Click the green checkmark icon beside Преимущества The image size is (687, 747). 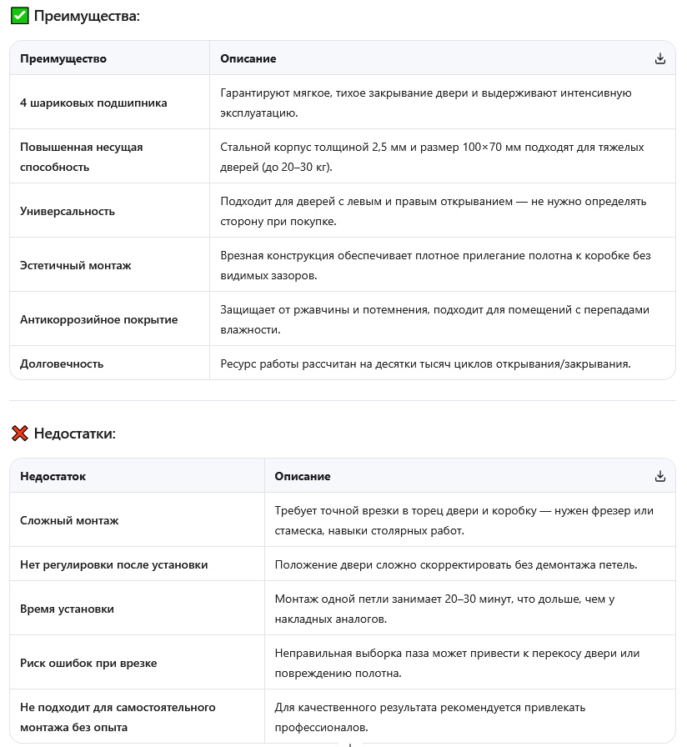click(x=20, y=16)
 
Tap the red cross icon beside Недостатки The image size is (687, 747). click(x=20, y=434)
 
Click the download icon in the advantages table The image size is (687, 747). click(x=660, y=58)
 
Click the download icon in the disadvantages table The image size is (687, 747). click(x=660, y=476)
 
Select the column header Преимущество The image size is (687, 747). click(x=63, y=58)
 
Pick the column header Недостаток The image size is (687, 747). click(x=53, y=476)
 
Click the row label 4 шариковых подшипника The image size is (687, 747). click(x=93, y=103)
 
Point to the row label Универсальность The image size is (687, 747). click(x=68, y=211)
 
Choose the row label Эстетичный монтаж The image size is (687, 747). click(x=76, y=265)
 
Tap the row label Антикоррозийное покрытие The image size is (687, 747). click(x=98, y=319)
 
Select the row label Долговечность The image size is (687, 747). click(x=62, y=363)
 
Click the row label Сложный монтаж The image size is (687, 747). click(x=69, y=520)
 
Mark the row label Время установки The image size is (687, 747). click(x=67, y=609)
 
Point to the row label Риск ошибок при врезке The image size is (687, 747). click(x=88, y=663)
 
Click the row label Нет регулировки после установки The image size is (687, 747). click(x=114, y=564)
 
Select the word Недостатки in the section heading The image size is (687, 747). click(x=74, y=434)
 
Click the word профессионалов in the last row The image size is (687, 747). click(x=321, y=728)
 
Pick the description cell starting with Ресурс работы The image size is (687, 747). click(x=425, y=363)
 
